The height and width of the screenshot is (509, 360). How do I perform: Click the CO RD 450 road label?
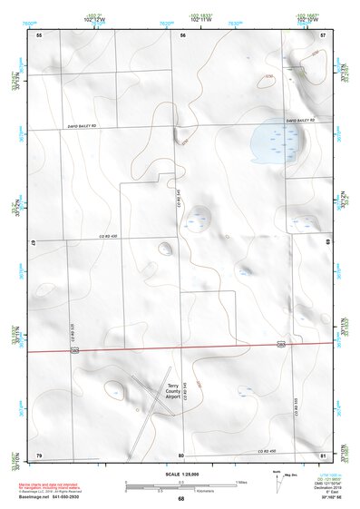click(264, 451)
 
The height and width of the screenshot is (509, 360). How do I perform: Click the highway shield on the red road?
click(282, 345)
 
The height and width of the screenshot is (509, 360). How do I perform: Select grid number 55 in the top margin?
click(39, 34)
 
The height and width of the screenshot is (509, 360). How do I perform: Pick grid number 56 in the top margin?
click(182, 34)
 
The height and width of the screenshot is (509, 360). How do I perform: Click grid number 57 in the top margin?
click(324, 34)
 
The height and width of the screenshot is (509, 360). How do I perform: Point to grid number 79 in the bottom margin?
click(39, 455)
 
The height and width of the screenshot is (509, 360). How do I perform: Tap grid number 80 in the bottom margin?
click(181, 455)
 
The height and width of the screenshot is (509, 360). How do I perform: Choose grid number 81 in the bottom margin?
click(324, 455)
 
